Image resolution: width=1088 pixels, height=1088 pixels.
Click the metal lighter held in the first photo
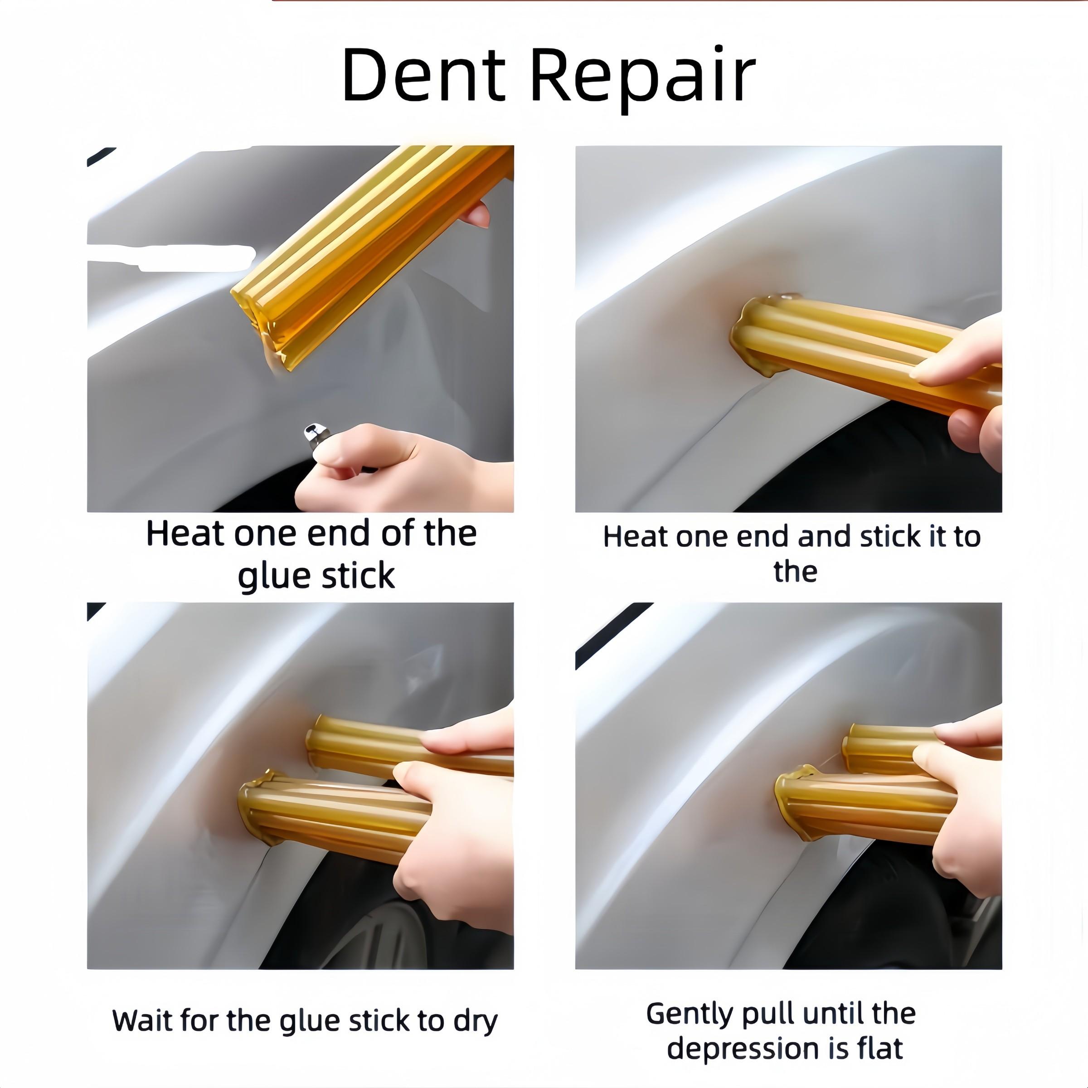point(311,435)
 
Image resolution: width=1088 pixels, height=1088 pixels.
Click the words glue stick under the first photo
point(316,576)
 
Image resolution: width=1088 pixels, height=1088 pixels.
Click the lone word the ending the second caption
point(795,572)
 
